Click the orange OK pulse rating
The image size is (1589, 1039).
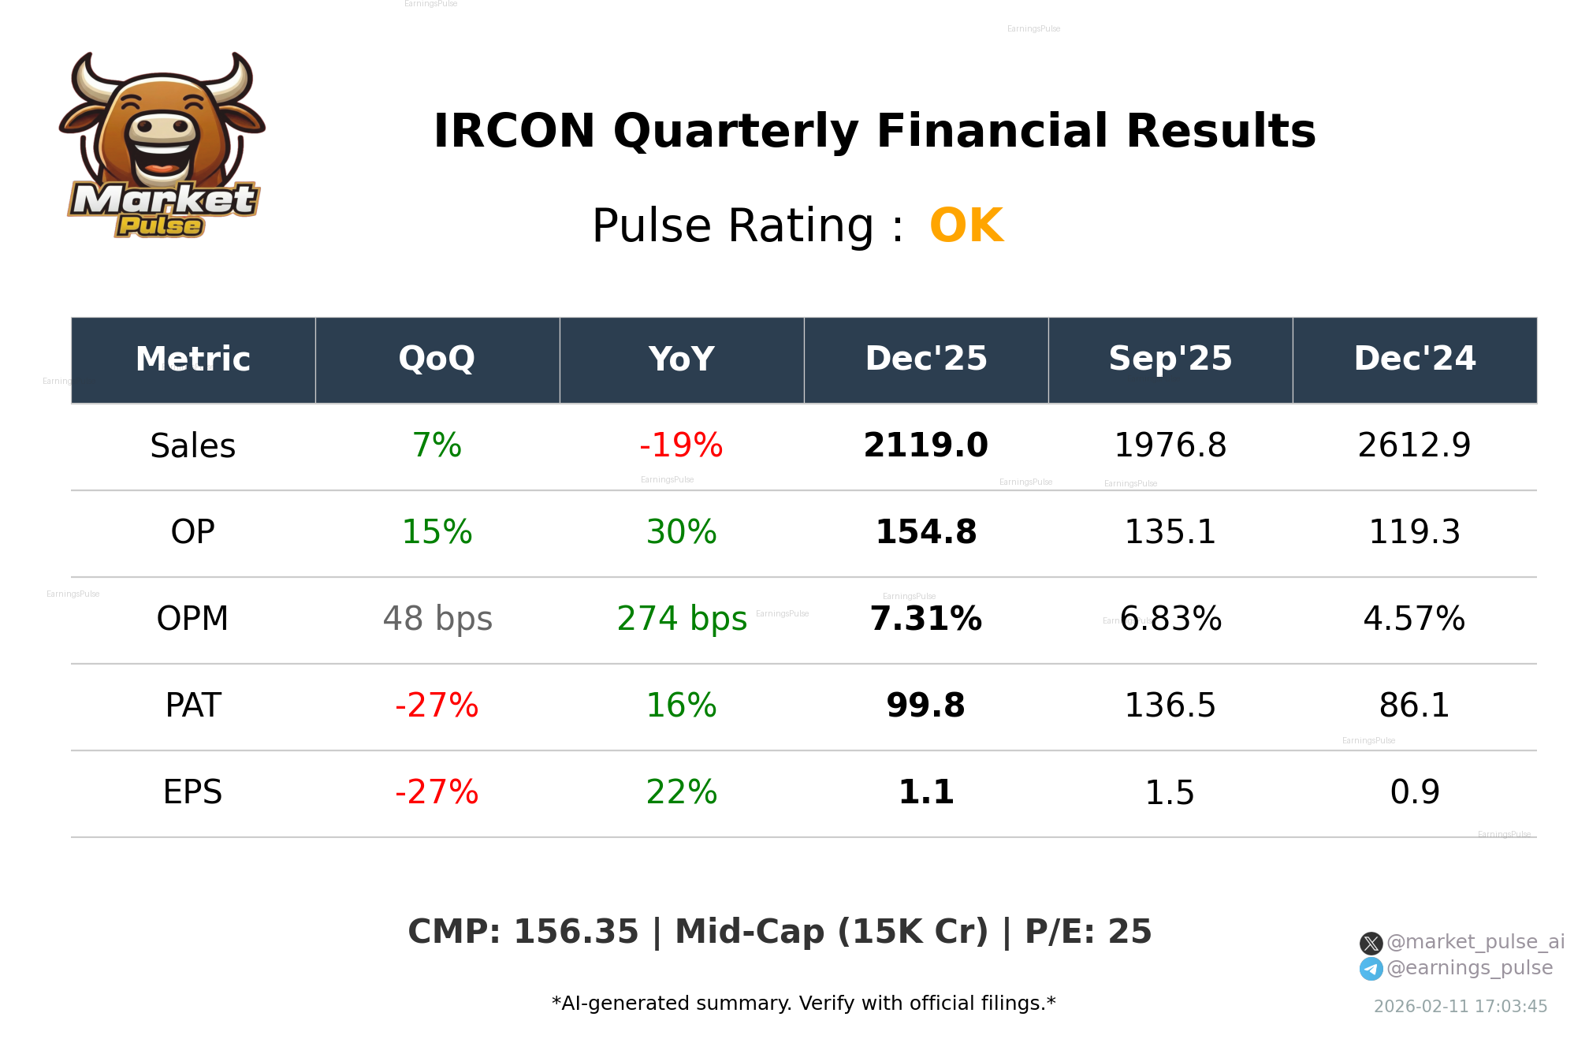tap(966, 225)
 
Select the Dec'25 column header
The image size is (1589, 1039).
tap(926, 359)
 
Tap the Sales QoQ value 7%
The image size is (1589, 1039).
tap(437, 445)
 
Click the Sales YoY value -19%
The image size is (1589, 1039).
tap(681, 445)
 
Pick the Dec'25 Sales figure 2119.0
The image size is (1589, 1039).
tap(926, 445)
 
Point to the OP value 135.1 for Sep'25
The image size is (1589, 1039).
tap(1170, 532)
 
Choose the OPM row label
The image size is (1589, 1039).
tap(192, 619)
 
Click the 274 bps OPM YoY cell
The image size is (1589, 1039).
tap(681, 619)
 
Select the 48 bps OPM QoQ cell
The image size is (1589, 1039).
tap(437, 619)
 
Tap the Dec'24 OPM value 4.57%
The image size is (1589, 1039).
tap(1414, 619)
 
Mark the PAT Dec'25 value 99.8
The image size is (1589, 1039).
tap(926, 706)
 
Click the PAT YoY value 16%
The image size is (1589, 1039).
tap(681, 706)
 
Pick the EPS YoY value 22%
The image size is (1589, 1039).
tap(681, 792)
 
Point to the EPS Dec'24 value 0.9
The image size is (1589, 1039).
tap(1414, 792)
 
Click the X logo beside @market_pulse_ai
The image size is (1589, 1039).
tap(1371, 943)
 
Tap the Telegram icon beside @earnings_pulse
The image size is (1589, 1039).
tap(1371, 969)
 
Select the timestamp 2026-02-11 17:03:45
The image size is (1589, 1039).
tap(1460, 1007)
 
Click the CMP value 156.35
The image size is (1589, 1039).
tap(575, 932)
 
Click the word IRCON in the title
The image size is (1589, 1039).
tap(514, 131)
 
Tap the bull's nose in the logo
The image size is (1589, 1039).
tap(162, 127)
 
